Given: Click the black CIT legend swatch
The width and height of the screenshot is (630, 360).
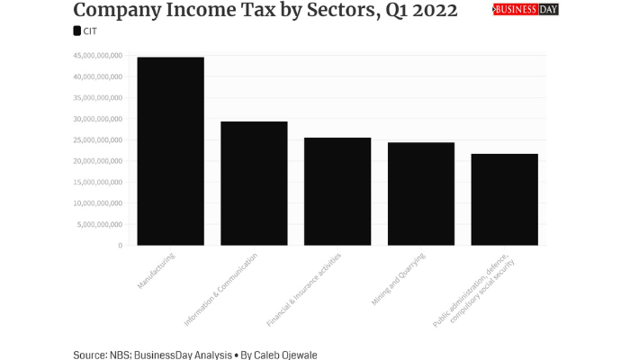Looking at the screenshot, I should tap(77, 31).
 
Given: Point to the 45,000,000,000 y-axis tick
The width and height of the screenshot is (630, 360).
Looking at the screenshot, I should tap(98, 56).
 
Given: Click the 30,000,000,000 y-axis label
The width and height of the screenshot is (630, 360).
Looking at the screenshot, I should tap(98, 119).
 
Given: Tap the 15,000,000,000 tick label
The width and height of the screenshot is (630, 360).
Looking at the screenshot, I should tap(98, 182).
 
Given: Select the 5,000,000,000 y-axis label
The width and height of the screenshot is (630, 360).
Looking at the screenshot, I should tap(101, 224).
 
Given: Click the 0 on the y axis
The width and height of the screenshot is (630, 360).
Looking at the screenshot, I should tap(120, 245).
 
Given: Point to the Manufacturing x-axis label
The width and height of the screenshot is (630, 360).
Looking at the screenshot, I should tap(156, 271).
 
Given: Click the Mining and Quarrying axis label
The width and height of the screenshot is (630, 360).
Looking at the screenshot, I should tap(398, 279).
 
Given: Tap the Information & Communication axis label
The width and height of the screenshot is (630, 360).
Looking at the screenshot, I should tap(220, 289).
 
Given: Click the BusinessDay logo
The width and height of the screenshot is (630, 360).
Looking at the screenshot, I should tap(526, 10).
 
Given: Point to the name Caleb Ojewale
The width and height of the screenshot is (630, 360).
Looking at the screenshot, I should tap(286, 355).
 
